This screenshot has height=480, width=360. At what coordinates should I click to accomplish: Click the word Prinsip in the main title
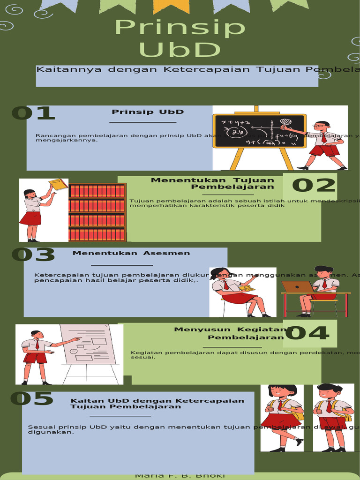[x=180, y=28]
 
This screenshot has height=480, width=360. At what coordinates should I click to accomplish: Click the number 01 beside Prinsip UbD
[x=33, y=113]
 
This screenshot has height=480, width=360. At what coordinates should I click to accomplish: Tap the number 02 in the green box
[x=314, y=186]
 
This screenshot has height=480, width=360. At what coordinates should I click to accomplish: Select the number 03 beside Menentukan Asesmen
[x=33, y=255]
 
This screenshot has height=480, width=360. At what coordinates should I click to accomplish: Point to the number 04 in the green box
[x=307, y=333]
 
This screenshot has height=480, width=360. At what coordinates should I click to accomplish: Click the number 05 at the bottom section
[x=31, y=399]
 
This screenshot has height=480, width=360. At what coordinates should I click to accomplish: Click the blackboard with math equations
[x=259, y=131]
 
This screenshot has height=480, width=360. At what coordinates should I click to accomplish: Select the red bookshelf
[x=97, y=212]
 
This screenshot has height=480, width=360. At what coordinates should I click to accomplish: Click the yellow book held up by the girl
[x=58, y=184]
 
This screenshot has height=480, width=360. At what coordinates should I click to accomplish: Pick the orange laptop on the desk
[x=298, y=286]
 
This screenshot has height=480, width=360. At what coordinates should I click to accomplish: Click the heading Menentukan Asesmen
[x=131, y=253]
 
